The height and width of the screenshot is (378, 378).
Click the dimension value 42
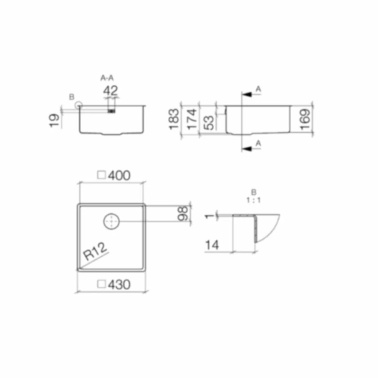coord(110,91)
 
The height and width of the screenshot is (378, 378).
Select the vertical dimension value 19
coord(54,120)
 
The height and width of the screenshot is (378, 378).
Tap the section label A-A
coord(107,78)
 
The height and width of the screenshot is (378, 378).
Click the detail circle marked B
coord(78,105)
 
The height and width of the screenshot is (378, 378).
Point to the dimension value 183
coord(174,119)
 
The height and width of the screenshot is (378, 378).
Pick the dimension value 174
coord(192,119)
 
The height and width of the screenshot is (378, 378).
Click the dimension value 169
coord(305,119)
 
